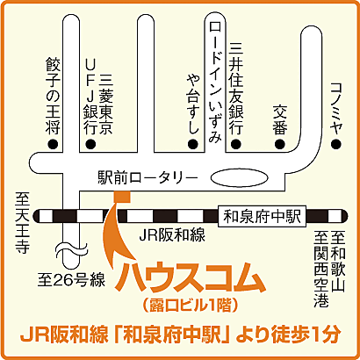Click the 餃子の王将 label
(54, 94)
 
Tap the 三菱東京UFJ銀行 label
(97, 92)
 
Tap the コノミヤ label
(335, 104)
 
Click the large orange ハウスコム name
(191, 277)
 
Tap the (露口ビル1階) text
(191, 304)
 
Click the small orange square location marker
(121, 194)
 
